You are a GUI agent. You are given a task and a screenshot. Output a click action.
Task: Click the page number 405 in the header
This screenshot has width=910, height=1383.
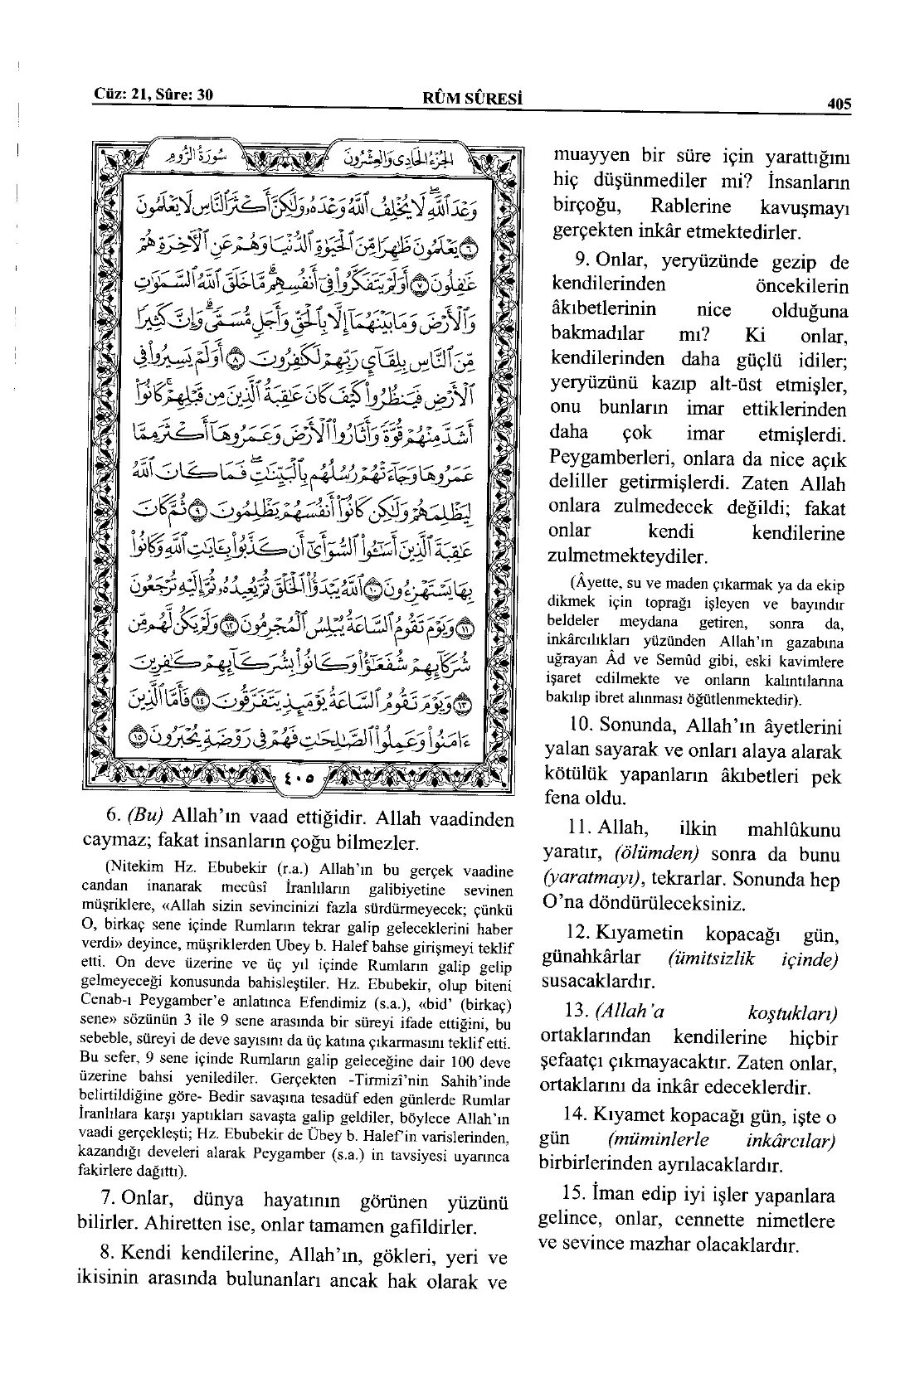pyautogui.click(x=839, y=104)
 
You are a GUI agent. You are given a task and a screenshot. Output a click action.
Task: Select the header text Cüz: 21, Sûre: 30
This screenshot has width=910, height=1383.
pyautogui.click(x=153, y=95)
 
